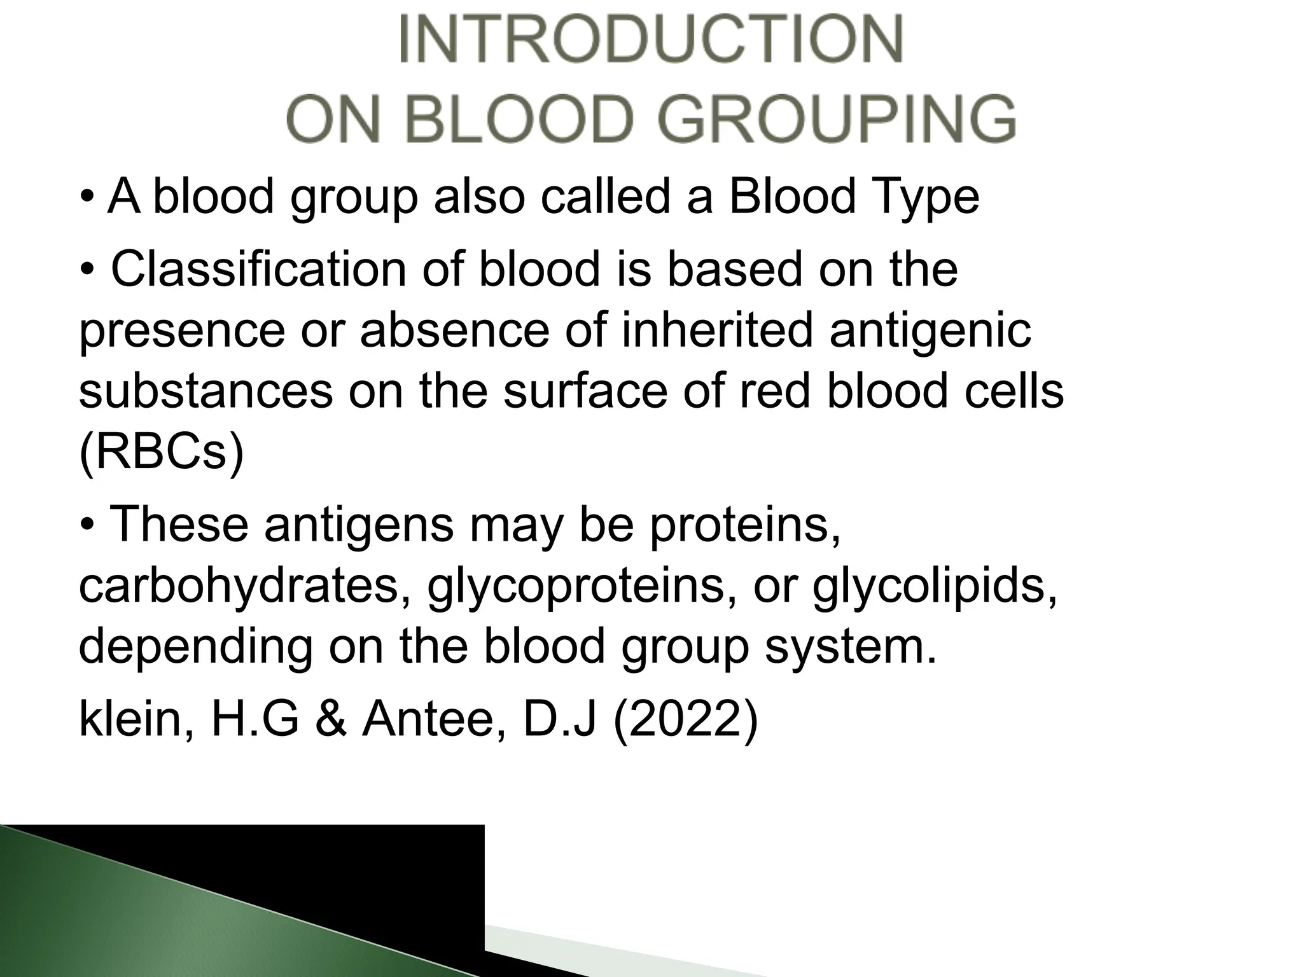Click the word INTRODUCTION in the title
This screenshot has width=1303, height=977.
pyautogui.click(x=651, y=39)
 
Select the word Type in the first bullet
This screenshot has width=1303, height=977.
pyautogui.click(x=925, y=197)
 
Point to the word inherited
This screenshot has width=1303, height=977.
pyautogui.click(x=718, y=331)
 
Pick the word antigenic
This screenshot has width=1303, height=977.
pyautogui.click(x=930, y=332)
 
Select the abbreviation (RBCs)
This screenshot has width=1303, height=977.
pyautogui.click(x=162, y=452)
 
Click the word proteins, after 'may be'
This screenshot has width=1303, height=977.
pyautogui.click(x=744, y=525)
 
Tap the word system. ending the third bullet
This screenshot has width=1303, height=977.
pyautogui.click(x=851, y=648)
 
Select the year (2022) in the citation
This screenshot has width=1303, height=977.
pyautogui.click(x=685, y=720)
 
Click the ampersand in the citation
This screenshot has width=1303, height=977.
pyautogui.click(x=331, y=720)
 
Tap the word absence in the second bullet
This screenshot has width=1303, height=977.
pyautogui.click(x=454, y=331)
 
